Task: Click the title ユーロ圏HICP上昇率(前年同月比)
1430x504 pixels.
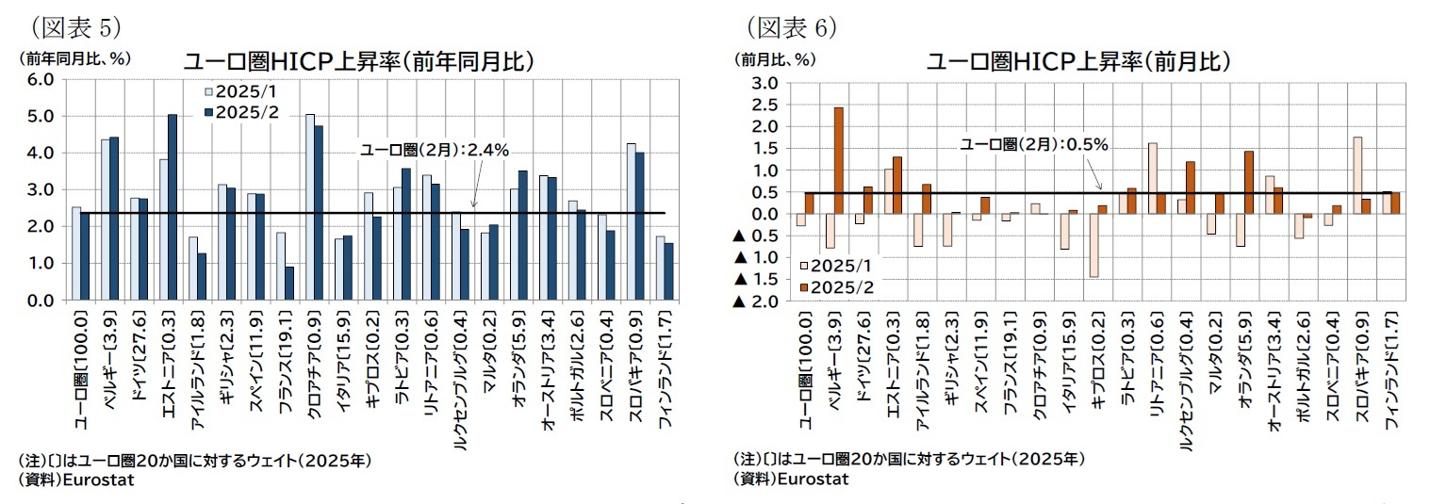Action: point(359,62)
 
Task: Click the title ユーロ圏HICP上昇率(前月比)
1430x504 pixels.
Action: point(1078,62)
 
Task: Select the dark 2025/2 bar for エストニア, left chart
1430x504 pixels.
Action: point(172,207)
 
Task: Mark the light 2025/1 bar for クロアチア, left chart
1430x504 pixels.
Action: point(309,207)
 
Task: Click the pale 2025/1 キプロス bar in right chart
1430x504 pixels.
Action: point(1093,245)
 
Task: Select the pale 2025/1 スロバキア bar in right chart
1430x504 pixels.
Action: point(1357,175)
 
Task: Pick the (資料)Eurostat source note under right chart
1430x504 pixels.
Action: point(791,479)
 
